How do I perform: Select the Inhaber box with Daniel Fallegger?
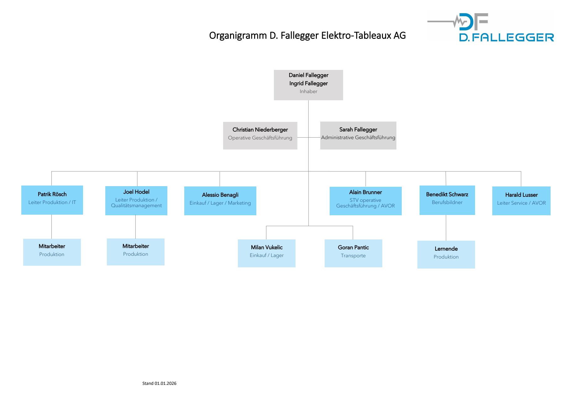[308, 85]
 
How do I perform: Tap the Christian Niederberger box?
[260, 135]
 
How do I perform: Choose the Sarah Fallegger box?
[358, 135]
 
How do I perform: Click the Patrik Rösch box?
[52, 200]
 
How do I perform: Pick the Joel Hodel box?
[136, 201]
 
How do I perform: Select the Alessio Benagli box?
[220, 201]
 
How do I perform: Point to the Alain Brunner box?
[365, 201]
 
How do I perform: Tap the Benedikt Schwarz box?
[447, 200]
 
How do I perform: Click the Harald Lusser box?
[521, 201]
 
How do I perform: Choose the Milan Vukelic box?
[266, 253]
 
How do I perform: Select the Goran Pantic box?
[353, 253]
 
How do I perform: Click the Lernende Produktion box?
[446, 254]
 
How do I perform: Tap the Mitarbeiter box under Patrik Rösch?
[52, 252]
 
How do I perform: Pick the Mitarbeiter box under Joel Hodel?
[135, 252]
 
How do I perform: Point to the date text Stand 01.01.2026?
[159, 383]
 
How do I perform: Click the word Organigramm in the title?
[238, 36]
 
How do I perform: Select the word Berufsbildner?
[447, 202]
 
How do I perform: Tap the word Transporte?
[353, 256]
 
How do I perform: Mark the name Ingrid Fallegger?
[308, 83]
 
